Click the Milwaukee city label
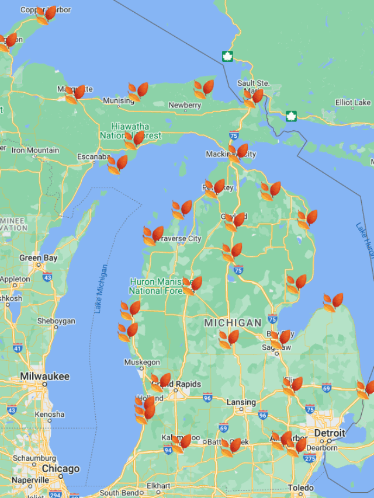point(44,377)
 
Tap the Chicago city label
point(60,469)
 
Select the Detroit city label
point(330,433)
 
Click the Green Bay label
point(39,257)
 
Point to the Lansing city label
point(241,402)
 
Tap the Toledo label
point(301,487)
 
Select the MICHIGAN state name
point(233,323)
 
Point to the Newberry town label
point(185,105)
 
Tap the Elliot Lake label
point(353,103)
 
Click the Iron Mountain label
point(35,150)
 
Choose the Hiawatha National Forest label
point(130,131)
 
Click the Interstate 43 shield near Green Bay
point(47,277)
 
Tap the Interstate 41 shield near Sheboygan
point(18,348)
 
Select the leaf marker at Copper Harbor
point(46,15)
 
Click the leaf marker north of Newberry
point(203,89)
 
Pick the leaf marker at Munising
point(138,92)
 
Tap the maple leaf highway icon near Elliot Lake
point(291,116)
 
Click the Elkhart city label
point(158,486)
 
